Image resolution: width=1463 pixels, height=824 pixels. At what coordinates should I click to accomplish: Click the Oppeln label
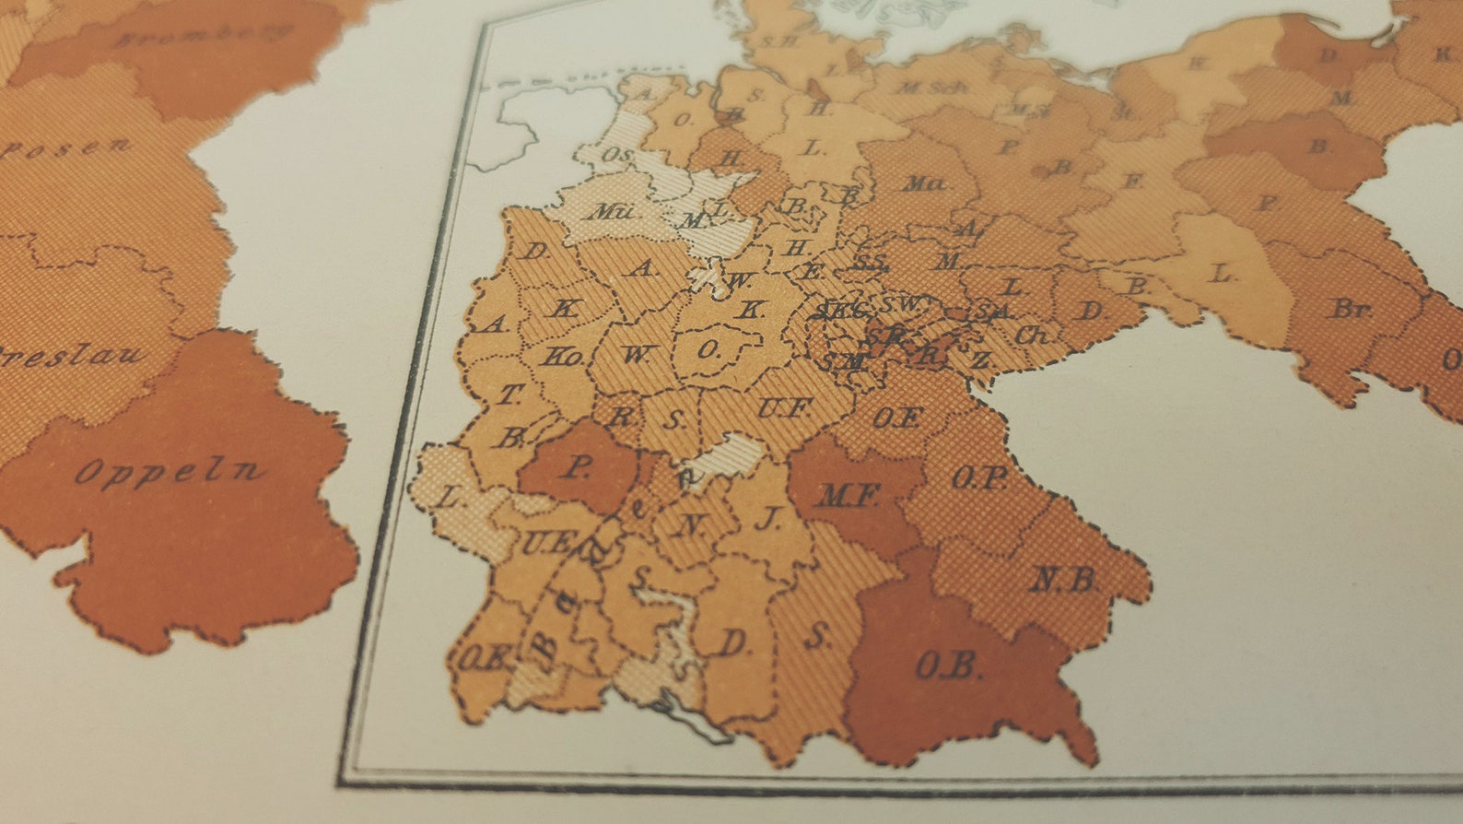coord(168,472)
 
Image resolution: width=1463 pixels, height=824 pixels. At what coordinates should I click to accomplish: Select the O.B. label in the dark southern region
coord(948,665)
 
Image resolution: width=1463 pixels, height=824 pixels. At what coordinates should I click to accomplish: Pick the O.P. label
coord(978,479)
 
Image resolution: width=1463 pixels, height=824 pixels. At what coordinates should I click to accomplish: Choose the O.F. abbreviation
coord(896,418)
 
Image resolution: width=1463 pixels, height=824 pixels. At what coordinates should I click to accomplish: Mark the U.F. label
coord(785,407)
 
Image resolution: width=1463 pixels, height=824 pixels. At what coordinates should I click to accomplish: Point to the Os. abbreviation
coord(617,156)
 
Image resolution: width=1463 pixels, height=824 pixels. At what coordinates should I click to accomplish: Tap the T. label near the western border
coord(509,395)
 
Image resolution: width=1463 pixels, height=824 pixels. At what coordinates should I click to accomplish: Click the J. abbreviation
coord(767,519)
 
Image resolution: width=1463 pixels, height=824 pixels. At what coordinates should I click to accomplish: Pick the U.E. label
coord(545,543)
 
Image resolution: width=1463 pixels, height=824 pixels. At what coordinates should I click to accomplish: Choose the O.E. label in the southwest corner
coord(485,658)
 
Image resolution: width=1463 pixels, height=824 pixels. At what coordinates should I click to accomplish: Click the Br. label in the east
coord(1350,310)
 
